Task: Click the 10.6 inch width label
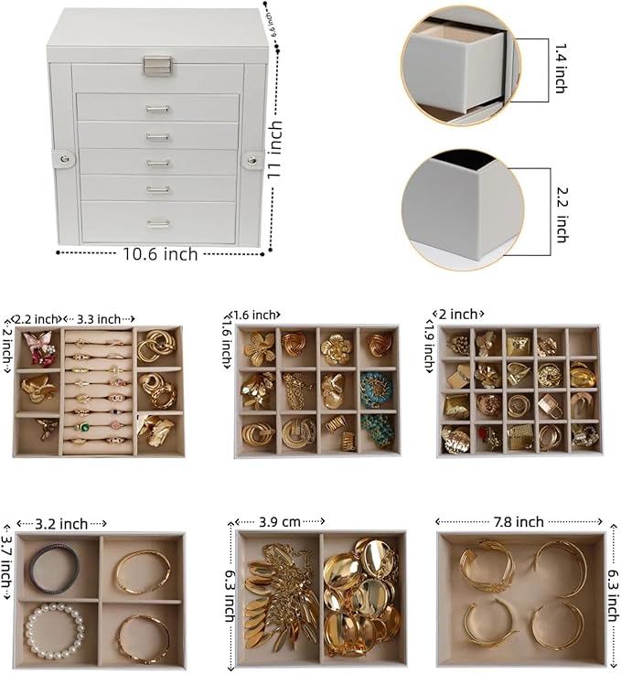160,254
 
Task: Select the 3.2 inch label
61,524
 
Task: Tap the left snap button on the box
63,160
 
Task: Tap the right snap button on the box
252,161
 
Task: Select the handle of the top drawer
157,109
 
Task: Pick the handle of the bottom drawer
157,222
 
